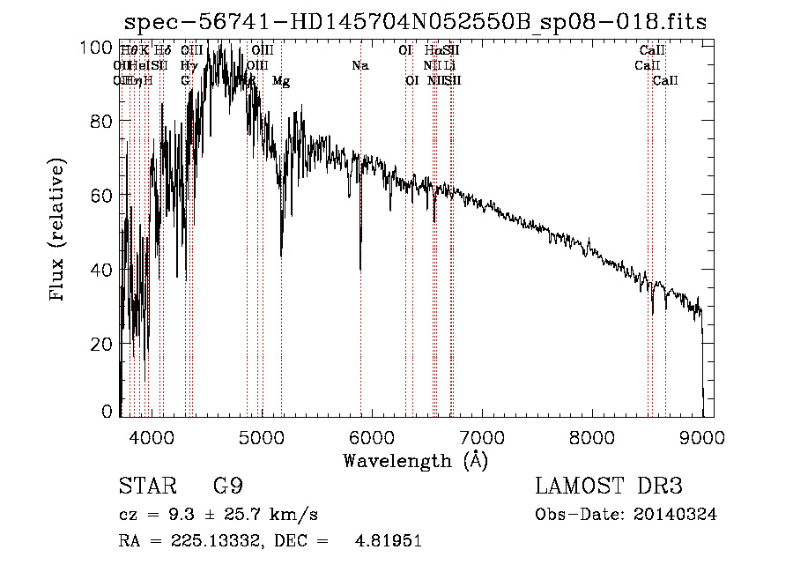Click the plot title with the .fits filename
pos(414,22)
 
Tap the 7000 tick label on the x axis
pos(482,436)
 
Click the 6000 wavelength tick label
pos(372,436)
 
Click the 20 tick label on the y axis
pos(103,344)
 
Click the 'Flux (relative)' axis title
pos(59,231)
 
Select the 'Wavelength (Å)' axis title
pos(415,460)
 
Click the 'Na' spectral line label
pos(359,65)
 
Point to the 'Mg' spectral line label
pos(281,81)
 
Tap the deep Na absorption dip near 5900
pos(360,264)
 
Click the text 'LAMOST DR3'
pos(609,487)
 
